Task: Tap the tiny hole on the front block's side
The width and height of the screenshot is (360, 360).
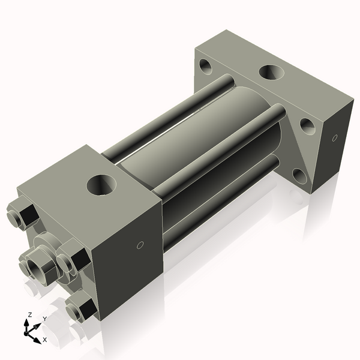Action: (x=140, y=244)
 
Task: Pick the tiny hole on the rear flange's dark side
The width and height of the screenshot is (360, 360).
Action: (x=335, y=139)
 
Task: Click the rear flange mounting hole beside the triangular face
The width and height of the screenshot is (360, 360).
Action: (x=307, y=126)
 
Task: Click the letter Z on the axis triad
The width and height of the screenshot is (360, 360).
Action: (x=29, y=314)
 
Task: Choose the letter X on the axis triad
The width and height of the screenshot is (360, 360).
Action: (x=44, y=340)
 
